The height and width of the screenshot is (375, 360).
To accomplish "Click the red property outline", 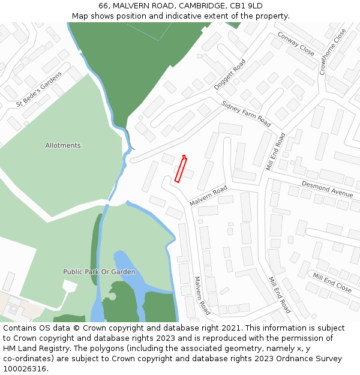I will click(x=181, y=169).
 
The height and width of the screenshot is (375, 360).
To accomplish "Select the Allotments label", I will click(x=63, y=146).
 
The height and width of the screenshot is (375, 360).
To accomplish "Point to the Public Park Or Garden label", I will click(x=100, y=272).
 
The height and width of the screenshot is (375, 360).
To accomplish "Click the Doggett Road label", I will click(x=230, y=74).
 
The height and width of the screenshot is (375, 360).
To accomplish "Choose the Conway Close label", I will click(x=296, y=44).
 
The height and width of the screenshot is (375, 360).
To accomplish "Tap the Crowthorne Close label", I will click(x=332, y=52).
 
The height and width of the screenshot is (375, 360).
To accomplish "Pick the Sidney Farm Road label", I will click(x=246, y=113).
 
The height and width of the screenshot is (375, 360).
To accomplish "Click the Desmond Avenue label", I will click(x=327, y=190).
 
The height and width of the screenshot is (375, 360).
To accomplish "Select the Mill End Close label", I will click(x=332, y=282).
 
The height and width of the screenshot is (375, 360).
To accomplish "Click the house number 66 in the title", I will click(x=104, y=6).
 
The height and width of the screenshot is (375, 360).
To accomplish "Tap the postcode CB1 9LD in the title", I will click(x=246, y=6).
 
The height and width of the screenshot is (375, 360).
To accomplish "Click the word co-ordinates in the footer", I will click(x=26, y=359).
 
